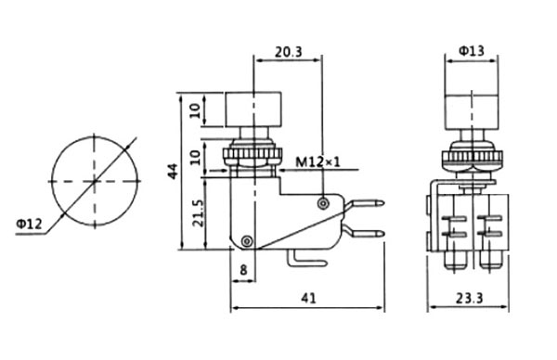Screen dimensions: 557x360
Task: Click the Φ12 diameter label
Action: point(29,224)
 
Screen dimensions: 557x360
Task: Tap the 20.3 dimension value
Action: point(288,52)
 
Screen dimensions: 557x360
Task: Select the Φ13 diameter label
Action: point(472,51)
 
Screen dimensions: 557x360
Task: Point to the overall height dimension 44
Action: point(173,171)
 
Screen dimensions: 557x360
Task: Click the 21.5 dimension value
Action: point(198,213)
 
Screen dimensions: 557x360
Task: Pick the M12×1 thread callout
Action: point(317,162)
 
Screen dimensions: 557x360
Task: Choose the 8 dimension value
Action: point(243,270)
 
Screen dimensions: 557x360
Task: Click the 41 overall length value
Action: point(308,298)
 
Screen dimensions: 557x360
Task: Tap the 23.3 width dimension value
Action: point(469,298)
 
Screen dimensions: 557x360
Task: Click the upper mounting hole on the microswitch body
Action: point(322,203)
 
